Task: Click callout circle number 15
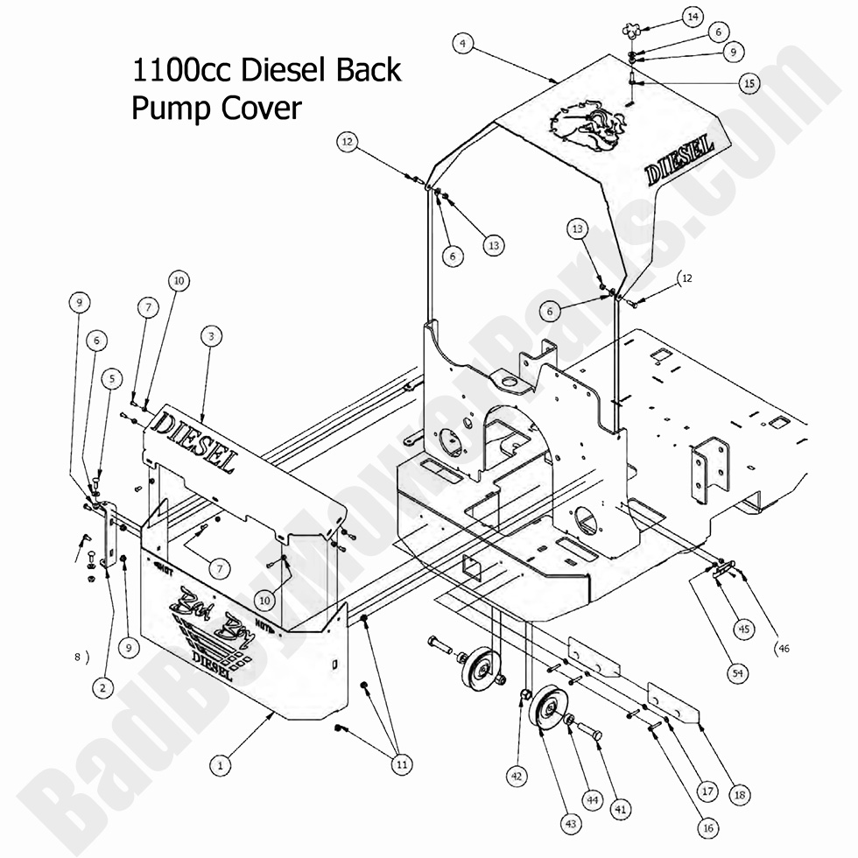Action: tap(748, 83)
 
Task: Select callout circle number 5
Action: tap(111, 379)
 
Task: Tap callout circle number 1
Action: tap(222, 763)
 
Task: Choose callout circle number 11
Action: tap(401, 764)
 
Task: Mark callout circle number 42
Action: tap(517, 774)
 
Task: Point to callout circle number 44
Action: tap(593, 798)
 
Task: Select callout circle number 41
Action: tap(622, 811)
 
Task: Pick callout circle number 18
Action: tap(740, 795)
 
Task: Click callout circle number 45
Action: tap(743, 628)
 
